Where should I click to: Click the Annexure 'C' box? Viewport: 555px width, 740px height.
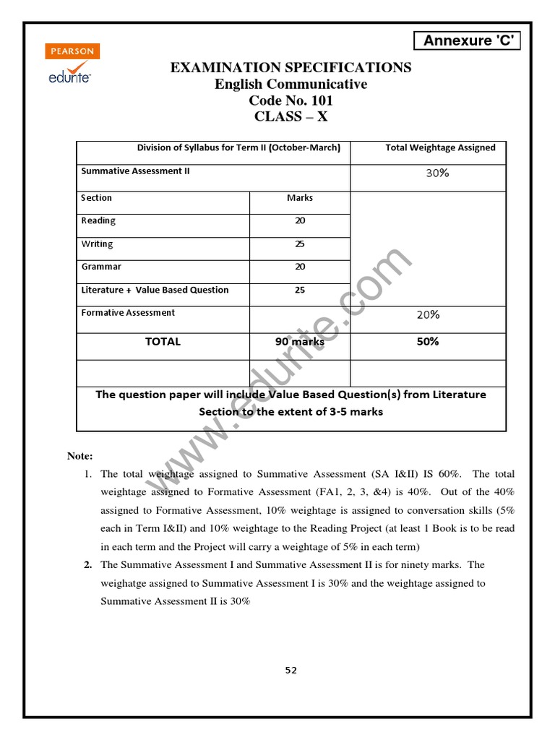468,40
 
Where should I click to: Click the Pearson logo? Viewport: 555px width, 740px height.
72,52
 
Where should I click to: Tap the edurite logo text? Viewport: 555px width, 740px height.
70,73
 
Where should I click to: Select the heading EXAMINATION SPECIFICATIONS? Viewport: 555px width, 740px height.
291,68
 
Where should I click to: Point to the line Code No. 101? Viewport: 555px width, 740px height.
291,100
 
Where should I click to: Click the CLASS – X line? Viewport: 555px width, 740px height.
291,117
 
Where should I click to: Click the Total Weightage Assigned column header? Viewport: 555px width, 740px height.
440,148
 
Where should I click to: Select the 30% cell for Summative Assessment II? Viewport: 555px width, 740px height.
437,173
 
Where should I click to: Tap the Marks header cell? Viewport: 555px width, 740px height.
300,198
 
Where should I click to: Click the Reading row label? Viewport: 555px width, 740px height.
98,221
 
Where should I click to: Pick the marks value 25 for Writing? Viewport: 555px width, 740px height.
300,244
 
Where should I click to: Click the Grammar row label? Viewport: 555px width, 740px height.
101,267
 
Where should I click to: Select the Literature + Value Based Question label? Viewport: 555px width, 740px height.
155,291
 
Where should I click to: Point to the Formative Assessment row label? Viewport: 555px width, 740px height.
128,313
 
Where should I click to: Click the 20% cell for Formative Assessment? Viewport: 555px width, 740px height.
428,315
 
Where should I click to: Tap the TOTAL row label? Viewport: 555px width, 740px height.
163,342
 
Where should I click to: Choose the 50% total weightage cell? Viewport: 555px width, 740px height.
428,342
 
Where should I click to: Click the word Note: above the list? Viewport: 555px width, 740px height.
80,456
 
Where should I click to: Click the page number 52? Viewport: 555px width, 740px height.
291,670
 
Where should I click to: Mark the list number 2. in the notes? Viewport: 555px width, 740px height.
87,565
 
